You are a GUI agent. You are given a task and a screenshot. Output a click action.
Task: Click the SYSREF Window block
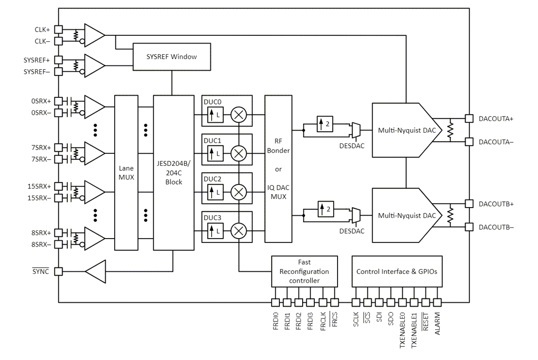pyautogui.click(x=172, y=57)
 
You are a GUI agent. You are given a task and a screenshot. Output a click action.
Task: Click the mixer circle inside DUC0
pyautogui.click(x=239, y=115)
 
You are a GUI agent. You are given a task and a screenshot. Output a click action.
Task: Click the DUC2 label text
pyautogui.click(x=213, y=179)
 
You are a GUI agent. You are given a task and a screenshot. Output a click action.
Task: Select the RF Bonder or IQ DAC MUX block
pyautogui.click(x=278, y=169)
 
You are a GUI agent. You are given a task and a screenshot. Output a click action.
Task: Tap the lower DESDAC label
pyautogui.click(x=351, y=231)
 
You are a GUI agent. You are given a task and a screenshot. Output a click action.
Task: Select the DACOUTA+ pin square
pyautogui.click(x=469, y=119)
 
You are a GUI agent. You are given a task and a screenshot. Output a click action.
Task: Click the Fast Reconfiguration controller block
pyautogui.click(x=304, y=271)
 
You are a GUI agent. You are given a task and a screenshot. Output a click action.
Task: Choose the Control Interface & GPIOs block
pyautogui.click(x=397, y=271)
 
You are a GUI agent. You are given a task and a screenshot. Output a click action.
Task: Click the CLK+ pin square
pyautogui.click(x=58, y=29)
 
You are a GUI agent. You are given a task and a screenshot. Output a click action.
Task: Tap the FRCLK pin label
pyautogui.click(x=323, y=321)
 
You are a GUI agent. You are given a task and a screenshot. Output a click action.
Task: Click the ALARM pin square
pyautogui.click(x=437, y=302)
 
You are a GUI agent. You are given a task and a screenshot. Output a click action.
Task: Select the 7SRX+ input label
pyautogui.click(x=40, y=147)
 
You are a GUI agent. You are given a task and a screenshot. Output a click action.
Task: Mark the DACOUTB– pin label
pyautogui.click(x=496, y=227)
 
